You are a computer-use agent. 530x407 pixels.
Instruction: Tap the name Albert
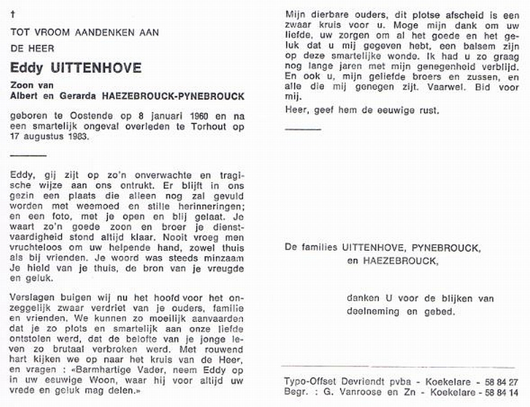click(x=25, y=95)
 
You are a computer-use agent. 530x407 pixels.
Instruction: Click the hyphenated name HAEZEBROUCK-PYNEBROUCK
click(x=174, y=95)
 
